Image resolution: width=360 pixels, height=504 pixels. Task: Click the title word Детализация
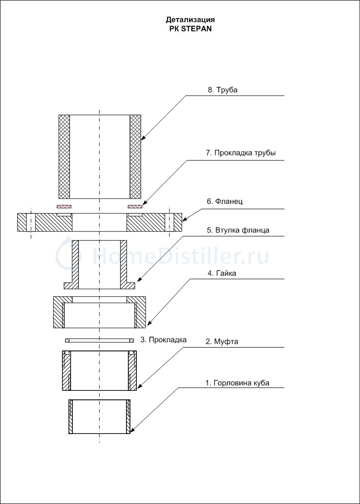(x=190, y=20)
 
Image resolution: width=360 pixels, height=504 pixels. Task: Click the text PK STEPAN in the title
(x=190, y=28)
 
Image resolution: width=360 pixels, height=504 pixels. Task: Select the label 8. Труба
(x=223, y=90)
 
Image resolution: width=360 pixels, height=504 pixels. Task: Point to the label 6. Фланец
(x=224, y=202)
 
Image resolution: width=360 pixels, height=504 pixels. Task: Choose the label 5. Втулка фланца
(x=238, y=230)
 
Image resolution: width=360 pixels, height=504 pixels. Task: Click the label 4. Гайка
(x=222, y=273)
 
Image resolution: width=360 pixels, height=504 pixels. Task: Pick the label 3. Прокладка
(x=163, y=340)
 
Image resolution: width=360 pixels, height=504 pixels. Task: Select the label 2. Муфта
(x=222, y=342)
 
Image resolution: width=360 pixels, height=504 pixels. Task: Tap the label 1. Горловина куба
(x=237, y=383)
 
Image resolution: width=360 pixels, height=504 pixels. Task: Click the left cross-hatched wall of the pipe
(x=64, y=156)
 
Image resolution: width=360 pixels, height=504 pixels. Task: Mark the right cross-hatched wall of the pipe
(x=136, y=156)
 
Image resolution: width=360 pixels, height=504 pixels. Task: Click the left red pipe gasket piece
(x=65, y=206)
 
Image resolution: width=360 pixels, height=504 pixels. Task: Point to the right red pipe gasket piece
(x=136, y=206)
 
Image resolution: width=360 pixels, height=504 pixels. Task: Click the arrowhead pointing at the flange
(x=185, y=219)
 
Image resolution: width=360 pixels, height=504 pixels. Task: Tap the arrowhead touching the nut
(x=149, y=323)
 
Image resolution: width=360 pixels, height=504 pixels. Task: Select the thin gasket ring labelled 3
(x=99, y=340)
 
